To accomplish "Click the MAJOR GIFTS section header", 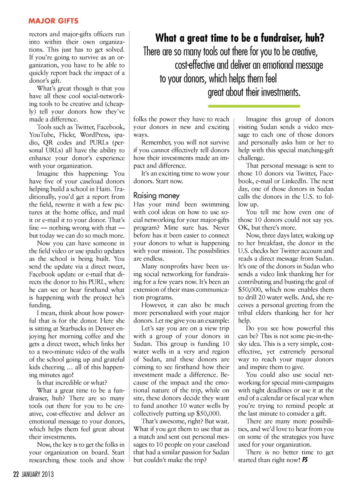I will [x=53, y=21].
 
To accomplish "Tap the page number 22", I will [x=16, y=474].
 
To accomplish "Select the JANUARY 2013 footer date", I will [x=37, y=474].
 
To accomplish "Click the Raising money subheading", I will [x=156, y=195].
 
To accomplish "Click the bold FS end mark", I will [x=305, y=460].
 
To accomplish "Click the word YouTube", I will [x=41, y=135].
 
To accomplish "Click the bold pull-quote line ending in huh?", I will [x=240, y=38].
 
